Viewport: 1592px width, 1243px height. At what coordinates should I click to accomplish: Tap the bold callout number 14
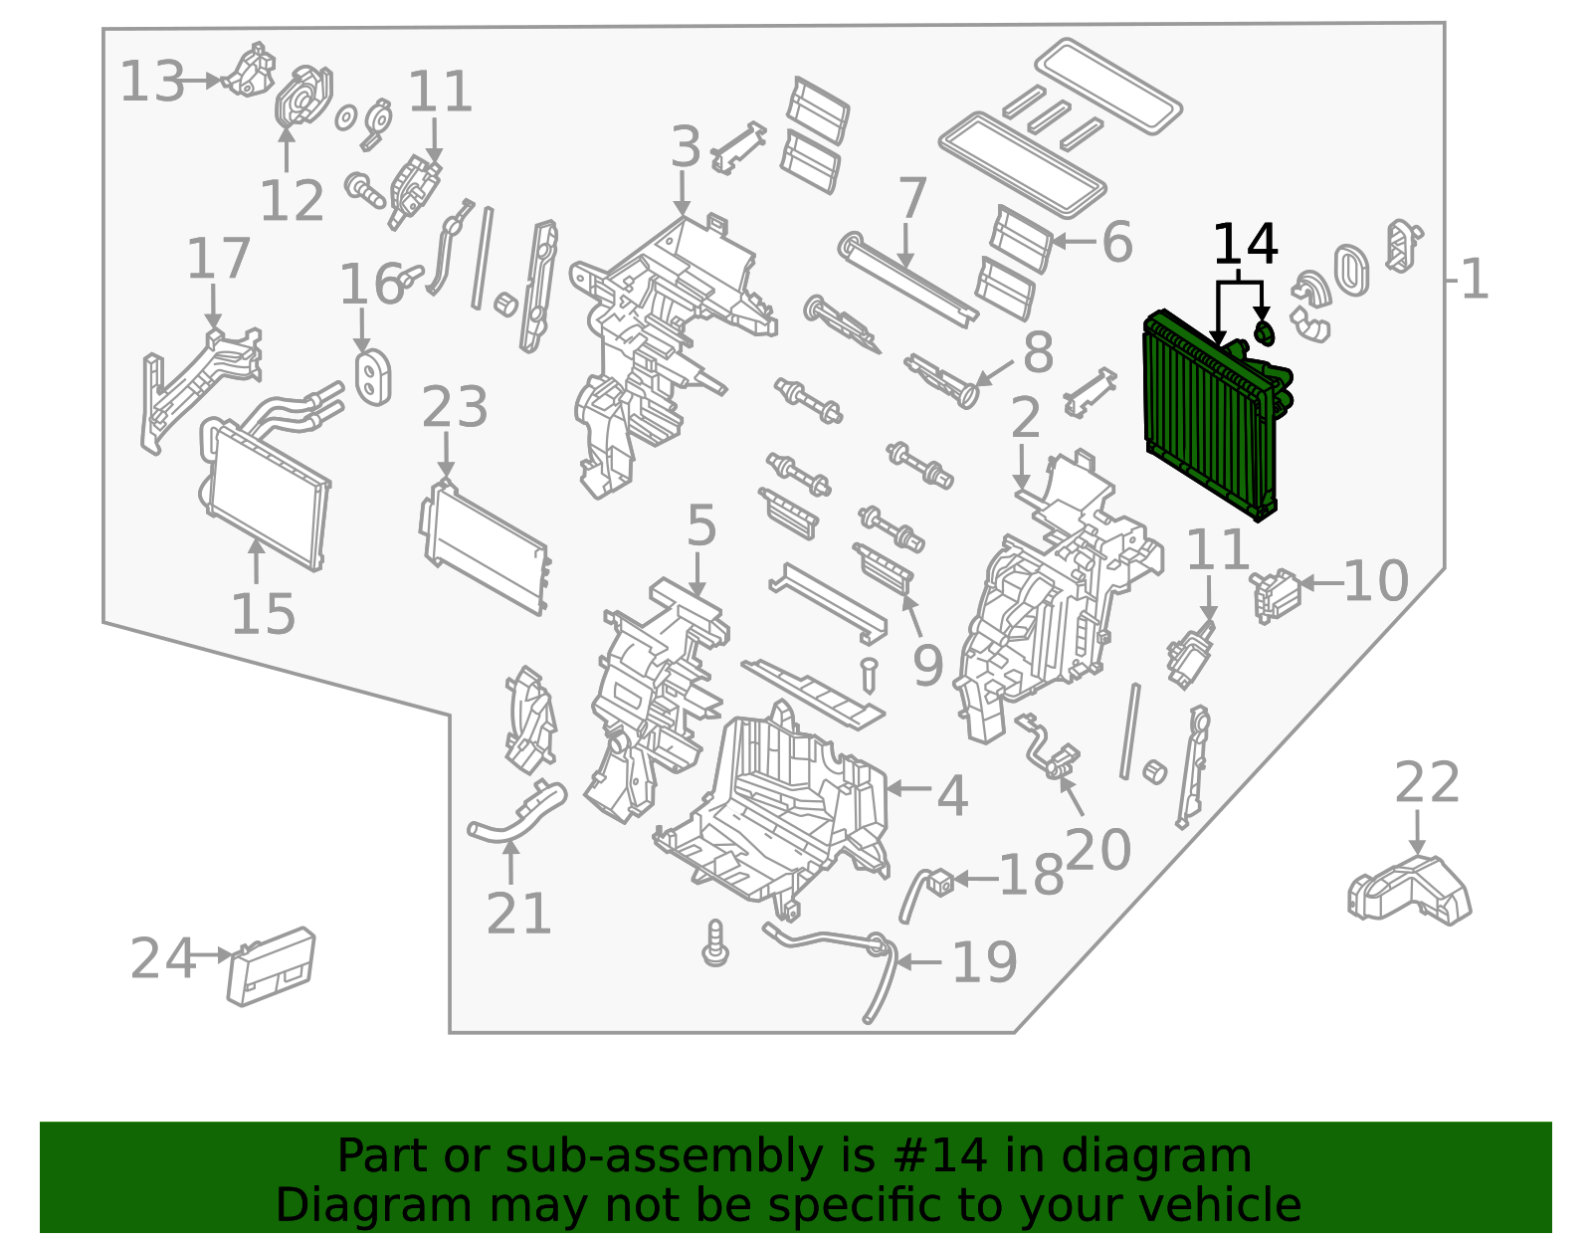tap(1245, 245)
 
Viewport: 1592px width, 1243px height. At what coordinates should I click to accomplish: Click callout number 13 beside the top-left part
tap(152, 82)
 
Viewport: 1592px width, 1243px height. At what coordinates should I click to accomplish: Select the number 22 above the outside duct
tap(1426, 783)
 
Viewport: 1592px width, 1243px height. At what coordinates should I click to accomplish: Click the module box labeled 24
tap(272, 965)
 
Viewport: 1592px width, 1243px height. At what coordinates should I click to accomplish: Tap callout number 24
tap(162, 959)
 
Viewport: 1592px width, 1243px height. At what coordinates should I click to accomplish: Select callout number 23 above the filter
tap(455, 408)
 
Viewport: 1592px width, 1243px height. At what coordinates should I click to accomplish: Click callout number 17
tap(218, 260)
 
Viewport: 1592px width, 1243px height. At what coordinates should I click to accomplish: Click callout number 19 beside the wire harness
tap(984, 962)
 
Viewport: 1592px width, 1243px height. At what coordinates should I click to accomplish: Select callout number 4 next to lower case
tap(952, 796)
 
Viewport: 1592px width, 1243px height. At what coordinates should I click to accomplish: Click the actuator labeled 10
tap(1276, 594)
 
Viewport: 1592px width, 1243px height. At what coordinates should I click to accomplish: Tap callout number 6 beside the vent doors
tap(1116, 243)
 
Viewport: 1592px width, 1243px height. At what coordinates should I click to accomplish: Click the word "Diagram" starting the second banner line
tap(333, 1205)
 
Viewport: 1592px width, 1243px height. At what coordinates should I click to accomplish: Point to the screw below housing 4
tap(714, 942)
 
